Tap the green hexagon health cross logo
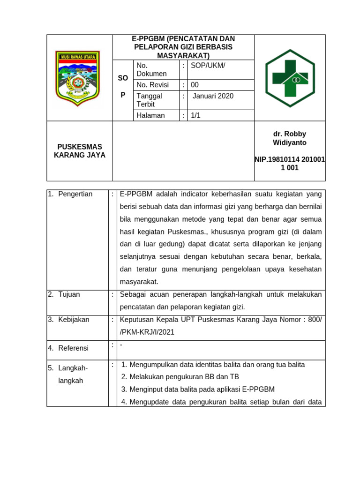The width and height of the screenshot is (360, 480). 290,78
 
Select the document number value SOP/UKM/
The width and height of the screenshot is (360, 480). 208,65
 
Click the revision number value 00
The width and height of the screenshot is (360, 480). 195,85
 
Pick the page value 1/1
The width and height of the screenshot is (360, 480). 195,115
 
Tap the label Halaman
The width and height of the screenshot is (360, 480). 150,115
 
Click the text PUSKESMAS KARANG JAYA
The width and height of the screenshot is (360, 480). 79,151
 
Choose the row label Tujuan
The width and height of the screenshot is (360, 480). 69,294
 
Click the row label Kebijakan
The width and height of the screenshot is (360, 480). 74,319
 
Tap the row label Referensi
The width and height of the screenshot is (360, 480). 73,348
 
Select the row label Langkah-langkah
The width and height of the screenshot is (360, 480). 73,375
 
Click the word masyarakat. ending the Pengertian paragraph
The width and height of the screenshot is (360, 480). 139,282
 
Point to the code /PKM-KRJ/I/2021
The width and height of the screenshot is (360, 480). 147,332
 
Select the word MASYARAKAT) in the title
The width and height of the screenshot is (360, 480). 183,55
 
